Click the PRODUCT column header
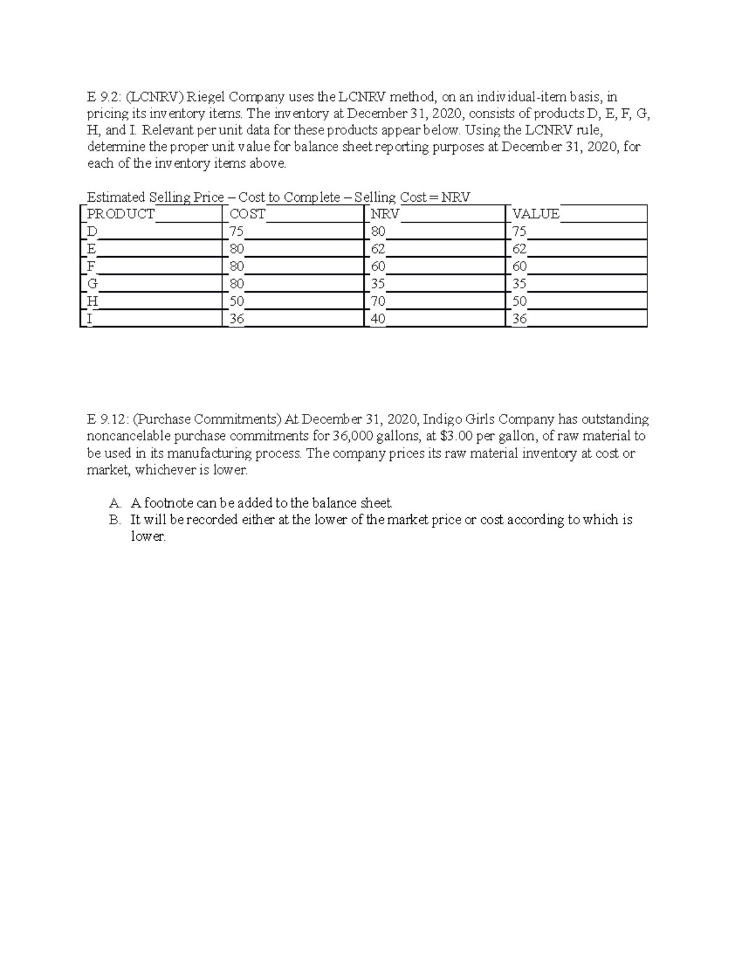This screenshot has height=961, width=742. coord(121,214)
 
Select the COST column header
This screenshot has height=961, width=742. coord(247,214)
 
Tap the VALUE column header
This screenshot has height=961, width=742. coord(536,214)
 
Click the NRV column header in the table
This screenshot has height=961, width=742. coord(385,214)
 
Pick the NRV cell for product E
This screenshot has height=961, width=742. coord(378,249)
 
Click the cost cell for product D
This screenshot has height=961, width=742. coord(236,232)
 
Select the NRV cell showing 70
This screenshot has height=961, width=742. coord(378,302)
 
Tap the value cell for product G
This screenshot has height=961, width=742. coord(519,285)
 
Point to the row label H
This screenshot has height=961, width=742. coord(92,302)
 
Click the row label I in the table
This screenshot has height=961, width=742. coord(90,319)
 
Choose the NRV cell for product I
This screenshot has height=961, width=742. coord(378,319)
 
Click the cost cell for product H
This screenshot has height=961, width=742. coord(236,302)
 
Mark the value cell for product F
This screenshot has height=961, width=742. coord(519,267)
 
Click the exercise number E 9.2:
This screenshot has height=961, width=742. coord(104,97)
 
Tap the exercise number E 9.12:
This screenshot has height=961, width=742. coord(107,420)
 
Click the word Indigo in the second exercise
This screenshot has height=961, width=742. coord(441,420)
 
